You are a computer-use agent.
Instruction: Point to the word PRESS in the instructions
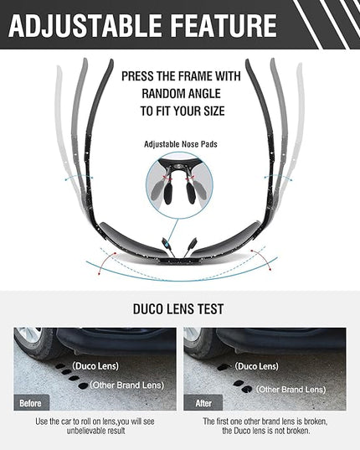(137, 76)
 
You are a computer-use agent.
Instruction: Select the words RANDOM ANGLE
(181, 94)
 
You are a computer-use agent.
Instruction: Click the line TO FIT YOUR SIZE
(183, 111)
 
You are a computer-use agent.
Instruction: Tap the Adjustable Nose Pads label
(181, 144)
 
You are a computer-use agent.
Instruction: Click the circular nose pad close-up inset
(179, 185)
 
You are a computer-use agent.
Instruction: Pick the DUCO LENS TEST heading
(178, 309)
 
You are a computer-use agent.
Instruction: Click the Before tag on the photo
(31, 403)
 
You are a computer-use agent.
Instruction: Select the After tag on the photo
(203, 403)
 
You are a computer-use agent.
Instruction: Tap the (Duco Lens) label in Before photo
(95, 366)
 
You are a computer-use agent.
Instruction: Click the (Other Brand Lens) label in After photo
(291, 390)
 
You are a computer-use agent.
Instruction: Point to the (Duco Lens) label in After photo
(256, 366)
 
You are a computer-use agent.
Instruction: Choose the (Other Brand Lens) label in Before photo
(127, 385)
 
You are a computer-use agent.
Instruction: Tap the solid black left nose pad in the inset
(168, 193)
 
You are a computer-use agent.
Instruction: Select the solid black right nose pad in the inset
(191, 193)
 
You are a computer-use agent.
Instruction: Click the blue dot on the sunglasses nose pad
(166, 244)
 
